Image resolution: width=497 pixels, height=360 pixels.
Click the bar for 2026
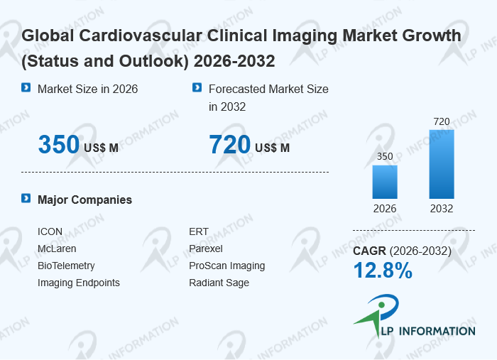385,182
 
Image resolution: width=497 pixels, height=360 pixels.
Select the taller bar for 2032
441,164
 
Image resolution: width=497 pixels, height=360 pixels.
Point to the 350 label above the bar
385,157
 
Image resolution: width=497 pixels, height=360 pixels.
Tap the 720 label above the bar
441,121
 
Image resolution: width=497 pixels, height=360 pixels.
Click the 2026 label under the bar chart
385,209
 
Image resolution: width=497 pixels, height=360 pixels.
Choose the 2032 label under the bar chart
441,209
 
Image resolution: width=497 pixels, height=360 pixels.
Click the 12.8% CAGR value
383,271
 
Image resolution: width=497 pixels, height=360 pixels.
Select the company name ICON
50,232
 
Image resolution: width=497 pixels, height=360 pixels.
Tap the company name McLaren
57,249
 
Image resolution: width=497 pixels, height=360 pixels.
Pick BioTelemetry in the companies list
66,266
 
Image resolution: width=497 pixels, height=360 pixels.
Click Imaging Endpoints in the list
79,283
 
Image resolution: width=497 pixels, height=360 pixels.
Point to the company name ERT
199,232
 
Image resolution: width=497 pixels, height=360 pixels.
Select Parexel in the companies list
206,249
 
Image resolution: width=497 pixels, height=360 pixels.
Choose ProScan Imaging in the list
227,266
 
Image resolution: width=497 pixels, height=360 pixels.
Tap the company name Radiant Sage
219,283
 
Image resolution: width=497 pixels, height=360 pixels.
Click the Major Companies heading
84,200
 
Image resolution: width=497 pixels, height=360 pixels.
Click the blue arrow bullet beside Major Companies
26,199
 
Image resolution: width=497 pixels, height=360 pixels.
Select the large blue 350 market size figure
59,145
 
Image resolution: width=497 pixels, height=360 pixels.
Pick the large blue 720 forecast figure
230,145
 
